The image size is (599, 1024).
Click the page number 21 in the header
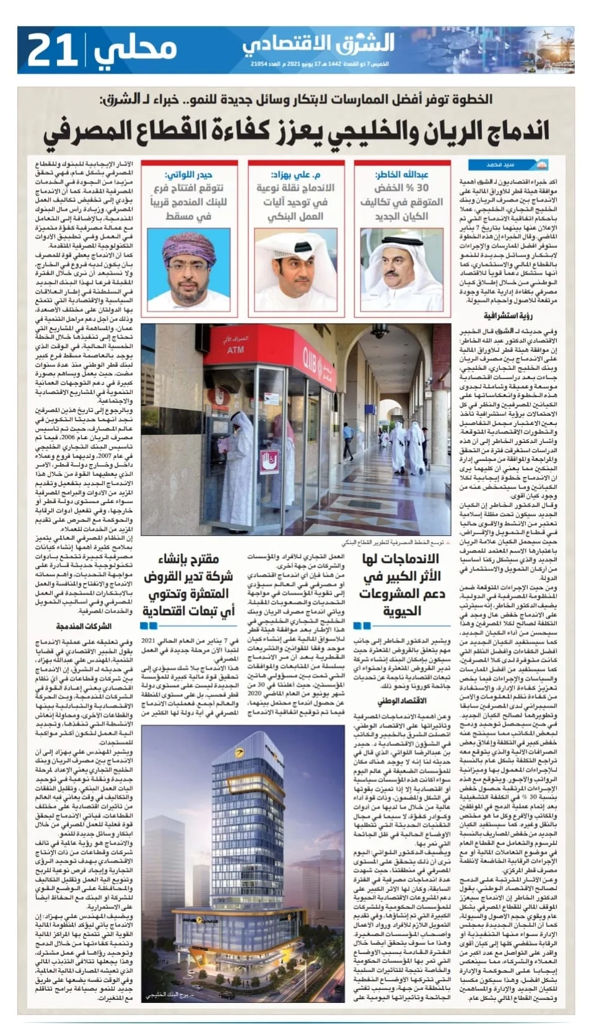click(52, 50)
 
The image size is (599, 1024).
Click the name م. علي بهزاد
click(295, 175)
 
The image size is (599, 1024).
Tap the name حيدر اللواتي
click(188, 175)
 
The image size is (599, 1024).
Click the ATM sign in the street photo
click(236, 350)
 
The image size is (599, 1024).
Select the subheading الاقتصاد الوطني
click(402, 701)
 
